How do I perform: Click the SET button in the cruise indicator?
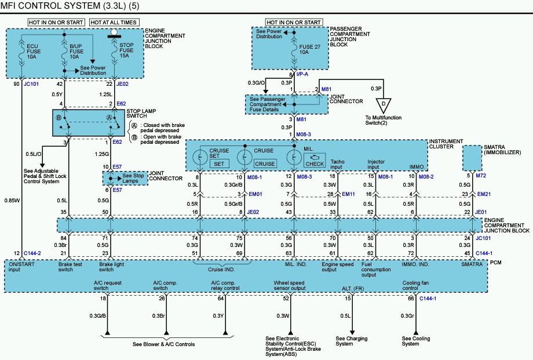[x=219, y=164]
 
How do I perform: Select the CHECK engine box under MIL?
[x=315, y=164]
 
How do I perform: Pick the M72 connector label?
[x=481, y=176]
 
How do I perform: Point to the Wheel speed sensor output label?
[x=290, y=285]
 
